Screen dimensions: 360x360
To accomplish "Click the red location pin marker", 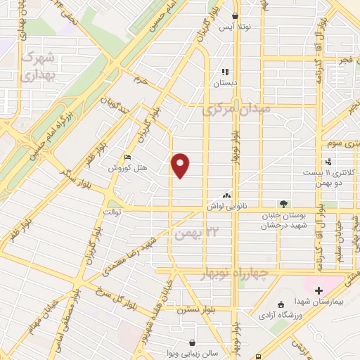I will [x=181, y=166].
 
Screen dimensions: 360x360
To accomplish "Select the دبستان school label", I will [x=226, y=82].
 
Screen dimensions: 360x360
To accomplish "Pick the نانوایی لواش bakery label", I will [x=224, y=207].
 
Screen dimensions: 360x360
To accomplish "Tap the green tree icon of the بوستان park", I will [x=283, y=204].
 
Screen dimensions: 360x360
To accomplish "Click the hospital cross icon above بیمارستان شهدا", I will [x=319, y=290].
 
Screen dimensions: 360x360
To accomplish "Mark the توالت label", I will [x=113, y=212].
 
